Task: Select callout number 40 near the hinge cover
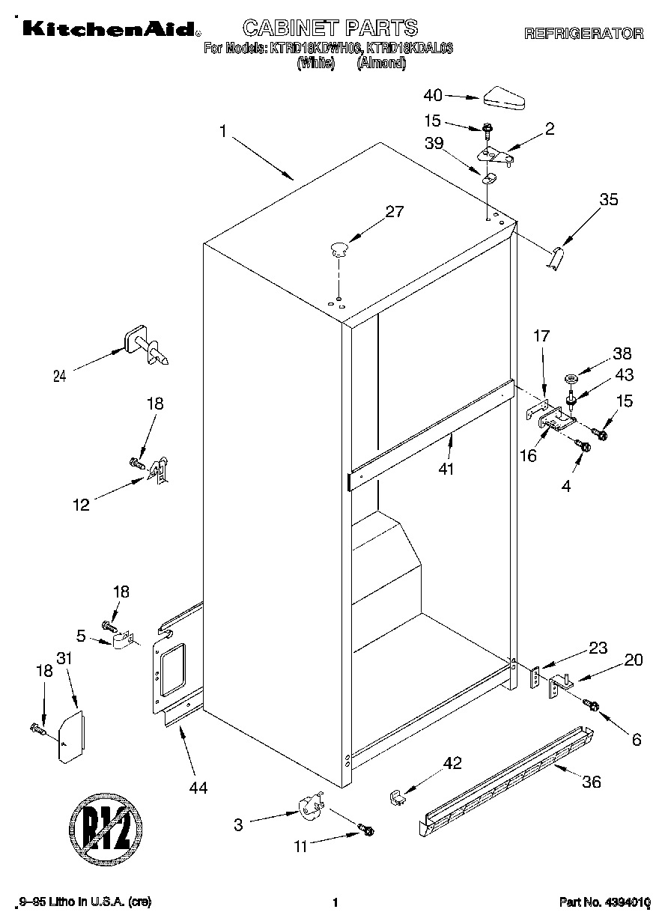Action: (x=433, y=95)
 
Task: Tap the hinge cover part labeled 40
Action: (x=506, y=97)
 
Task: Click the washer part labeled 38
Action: (x=571, y=377)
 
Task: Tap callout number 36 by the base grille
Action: (x=591, y=783)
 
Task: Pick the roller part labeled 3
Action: (x=309, y=809)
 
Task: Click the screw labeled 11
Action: (x=366, y=830)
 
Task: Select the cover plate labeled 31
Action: (x=72, y=738)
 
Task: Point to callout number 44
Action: (x=198, y=787)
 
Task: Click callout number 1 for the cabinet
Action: (x=222, y=131)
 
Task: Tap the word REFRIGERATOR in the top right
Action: (x=583, y=33)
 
